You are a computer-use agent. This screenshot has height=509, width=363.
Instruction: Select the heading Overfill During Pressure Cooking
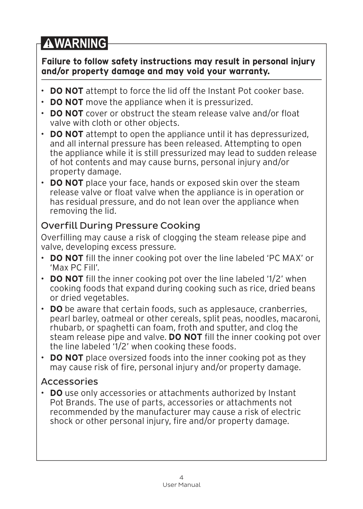click(121, 226)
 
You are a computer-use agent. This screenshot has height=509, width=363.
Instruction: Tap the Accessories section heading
click(69, 382)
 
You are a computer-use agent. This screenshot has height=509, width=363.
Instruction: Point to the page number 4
click(181, 477)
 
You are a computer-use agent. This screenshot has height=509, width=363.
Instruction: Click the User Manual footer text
click(181, 485)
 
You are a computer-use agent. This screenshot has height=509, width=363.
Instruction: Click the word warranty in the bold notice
click(249, 71)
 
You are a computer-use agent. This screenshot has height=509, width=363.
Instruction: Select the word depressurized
click(278, 135)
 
